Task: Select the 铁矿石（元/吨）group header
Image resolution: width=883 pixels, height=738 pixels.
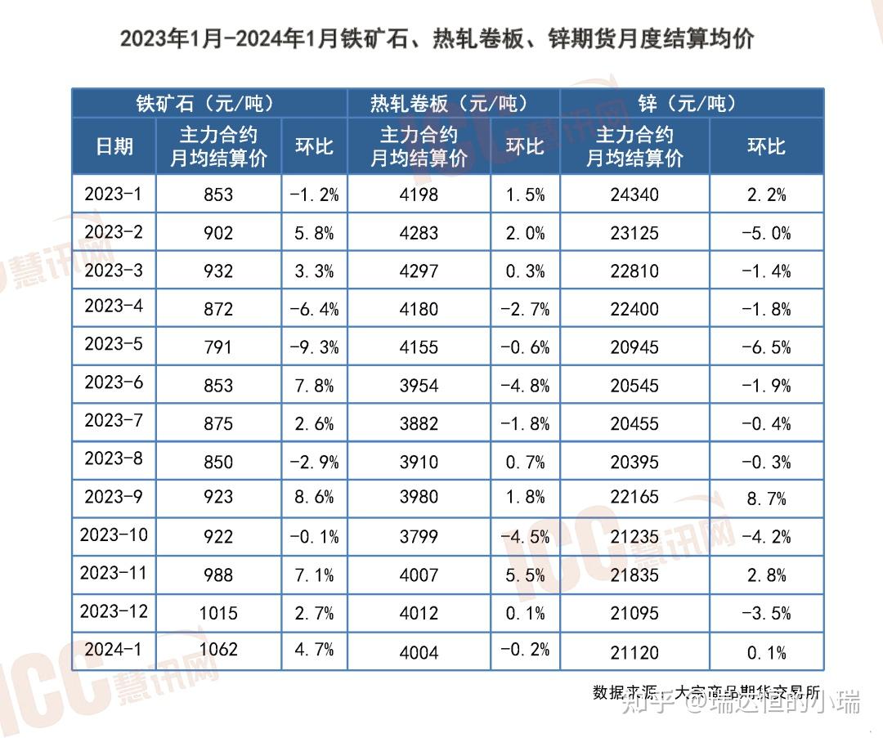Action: (204, 104)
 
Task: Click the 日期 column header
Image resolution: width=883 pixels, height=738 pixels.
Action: (114, 146)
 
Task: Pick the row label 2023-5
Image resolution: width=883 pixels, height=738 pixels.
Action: (114, 344)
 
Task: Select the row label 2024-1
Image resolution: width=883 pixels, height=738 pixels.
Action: (114, 649)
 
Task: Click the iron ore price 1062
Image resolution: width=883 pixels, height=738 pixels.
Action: (218, 650)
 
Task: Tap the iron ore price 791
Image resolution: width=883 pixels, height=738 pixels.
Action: (218, 347)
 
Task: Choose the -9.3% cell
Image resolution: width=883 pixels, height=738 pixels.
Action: (314, 347)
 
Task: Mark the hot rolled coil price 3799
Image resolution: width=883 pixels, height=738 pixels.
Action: (419, 537)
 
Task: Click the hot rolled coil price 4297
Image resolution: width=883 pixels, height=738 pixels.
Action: (419, 271)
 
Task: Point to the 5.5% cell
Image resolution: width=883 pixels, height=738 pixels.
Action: (525, 575)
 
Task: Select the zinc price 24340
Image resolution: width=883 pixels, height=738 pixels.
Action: (634, 195)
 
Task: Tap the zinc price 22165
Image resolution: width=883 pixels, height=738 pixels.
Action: (634, 497)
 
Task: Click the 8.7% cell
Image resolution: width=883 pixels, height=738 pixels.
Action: (766, 499)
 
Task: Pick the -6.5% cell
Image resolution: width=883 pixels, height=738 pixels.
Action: (766, 347)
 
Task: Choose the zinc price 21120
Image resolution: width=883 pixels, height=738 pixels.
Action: (634, 652)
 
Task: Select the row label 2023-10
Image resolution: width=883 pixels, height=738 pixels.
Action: (114, 534)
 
